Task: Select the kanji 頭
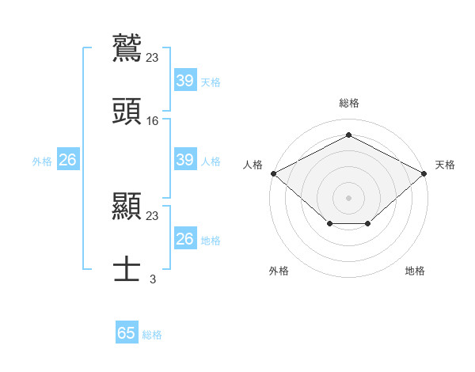[127, 112]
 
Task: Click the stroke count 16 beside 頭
[153, 121]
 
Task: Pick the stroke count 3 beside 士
[153, 279]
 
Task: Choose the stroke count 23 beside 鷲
[153, 57]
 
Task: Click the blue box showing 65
[127, 333]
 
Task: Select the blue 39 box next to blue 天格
[184, 81]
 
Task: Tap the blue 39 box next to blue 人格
[184, 160]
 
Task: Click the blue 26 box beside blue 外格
[67, 160]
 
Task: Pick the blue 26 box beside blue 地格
[184, 239]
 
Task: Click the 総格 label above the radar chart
[349, 103]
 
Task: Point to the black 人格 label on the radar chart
[253, 165]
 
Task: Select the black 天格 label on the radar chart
[445, 165]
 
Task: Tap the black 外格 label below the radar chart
[279, 271]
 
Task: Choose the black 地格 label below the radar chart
[415, 271]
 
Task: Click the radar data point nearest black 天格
[426, 173]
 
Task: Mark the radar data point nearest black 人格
[273, 173]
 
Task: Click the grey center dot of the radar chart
[349, 197]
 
